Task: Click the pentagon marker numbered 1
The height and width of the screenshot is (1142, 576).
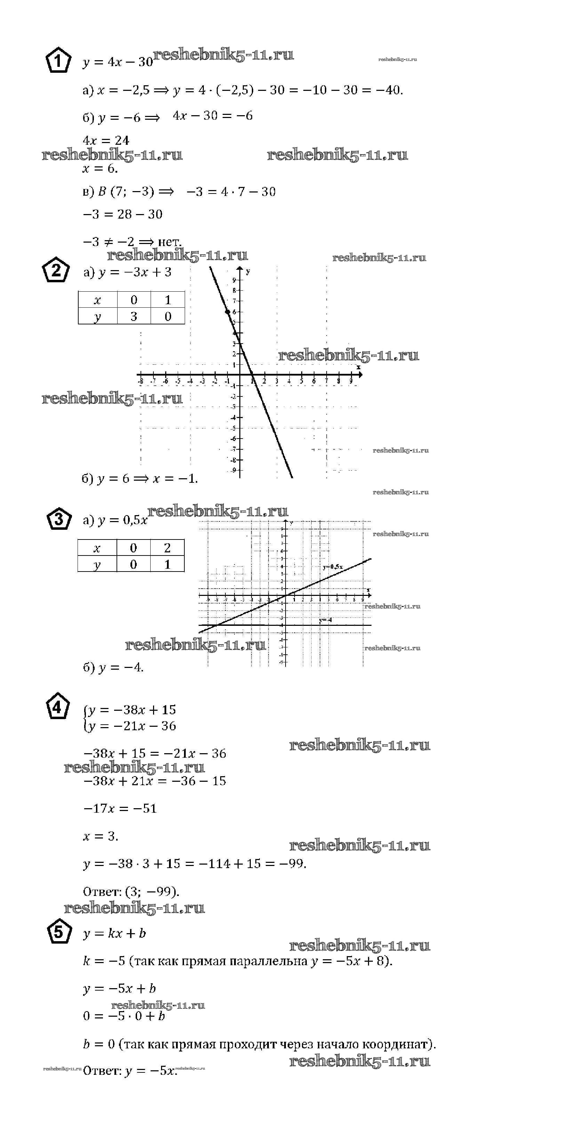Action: (x=58, y=62)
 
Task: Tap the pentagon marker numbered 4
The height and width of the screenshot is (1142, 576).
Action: (x=58, y=708)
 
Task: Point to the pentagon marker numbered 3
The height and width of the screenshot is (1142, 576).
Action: (x=58, y=519)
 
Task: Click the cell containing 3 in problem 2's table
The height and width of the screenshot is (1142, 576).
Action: (x=134, y=316)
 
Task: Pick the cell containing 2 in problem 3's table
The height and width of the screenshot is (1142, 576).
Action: (x=167, y=548)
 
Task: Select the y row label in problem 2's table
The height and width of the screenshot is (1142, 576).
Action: (x=97, y=316)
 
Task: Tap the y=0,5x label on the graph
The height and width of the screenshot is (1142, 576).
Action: (x=333, y=567)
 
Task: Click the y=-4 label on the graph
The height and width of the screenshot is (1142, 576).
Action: (x=325, y=620)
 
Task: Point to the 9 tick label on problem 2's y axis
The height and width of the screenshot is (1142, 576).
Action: (x=234, y=280)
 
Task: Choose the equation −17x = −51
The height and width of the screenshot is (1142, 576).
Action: (x=120, y=808)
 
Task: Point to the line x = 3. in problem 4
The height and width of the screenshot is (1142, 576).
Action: (x=101, y=836)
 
